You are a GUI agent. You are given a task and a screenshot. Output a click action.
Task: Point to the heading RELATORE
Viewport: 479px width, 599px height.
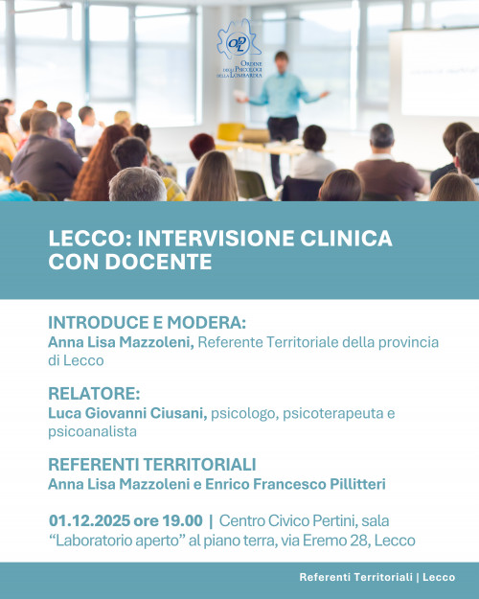pyautogui.click(x=94, y=394)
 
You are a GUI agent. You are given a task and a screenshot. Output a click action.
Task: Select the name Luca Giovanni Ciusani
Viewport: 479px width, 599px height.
pyautogui.click(x=126, y=413)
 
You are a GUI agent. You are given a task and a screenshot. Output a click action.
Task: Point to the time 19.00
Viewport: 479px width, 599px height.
pyautogui.click(x=184, y=521)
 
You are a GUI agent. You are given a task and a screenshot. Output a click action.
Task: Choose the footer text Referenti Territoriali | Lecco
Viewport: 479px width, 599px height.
pyautogui.click(x=376, y=577)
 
